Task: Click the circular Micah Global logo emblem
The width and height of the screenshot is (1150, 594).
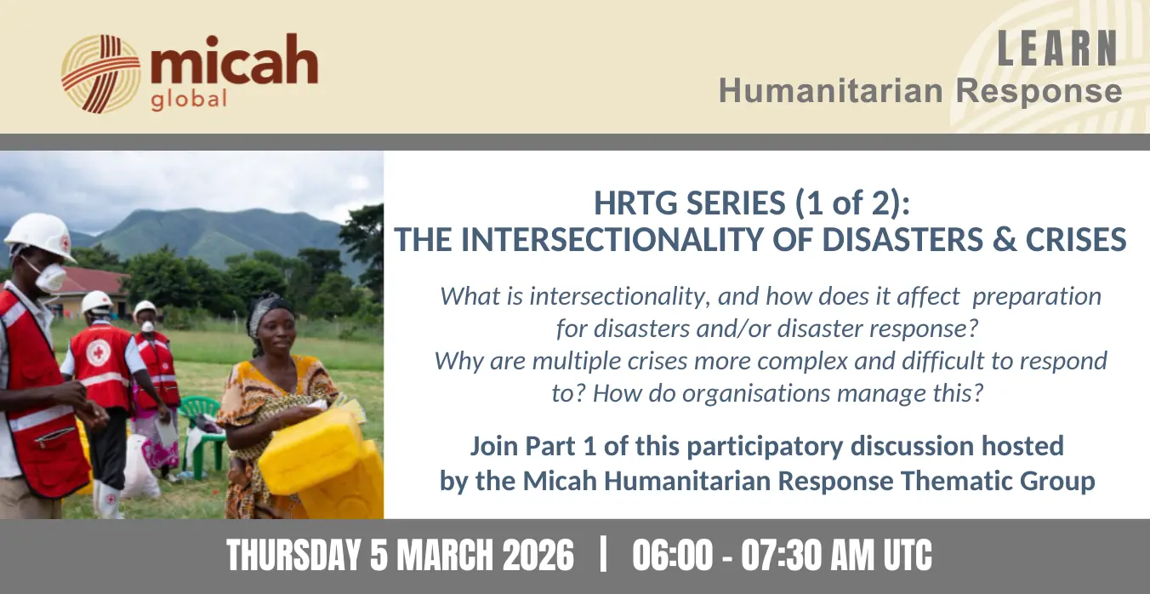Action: pos(100,74)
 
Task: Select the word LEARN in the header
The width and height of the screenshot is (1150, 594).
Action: pos(1057,49)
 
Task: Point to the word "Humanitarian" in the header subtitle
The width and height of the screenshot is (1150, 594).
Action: pos(830,91)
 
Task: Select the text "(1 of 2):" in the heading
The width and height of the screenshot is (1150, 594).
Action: pos(852,203)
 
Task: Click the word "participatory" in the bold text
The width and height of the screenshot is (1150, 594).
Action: pos(765,446)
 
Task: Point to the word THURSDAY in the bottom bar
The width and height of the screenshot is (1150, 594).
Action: pos(293,556)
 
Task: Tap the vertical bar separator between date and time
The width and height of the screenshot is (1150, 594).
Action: pos(603,554)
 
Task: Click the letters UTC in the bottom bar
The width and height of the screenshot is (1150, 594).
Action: pos(908,556)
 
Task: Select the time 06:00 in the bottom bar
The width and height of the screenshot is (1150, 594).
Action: pos(672,556)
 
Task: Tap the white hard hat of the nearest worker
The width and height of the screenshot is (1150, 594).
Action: pos(40,237)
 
